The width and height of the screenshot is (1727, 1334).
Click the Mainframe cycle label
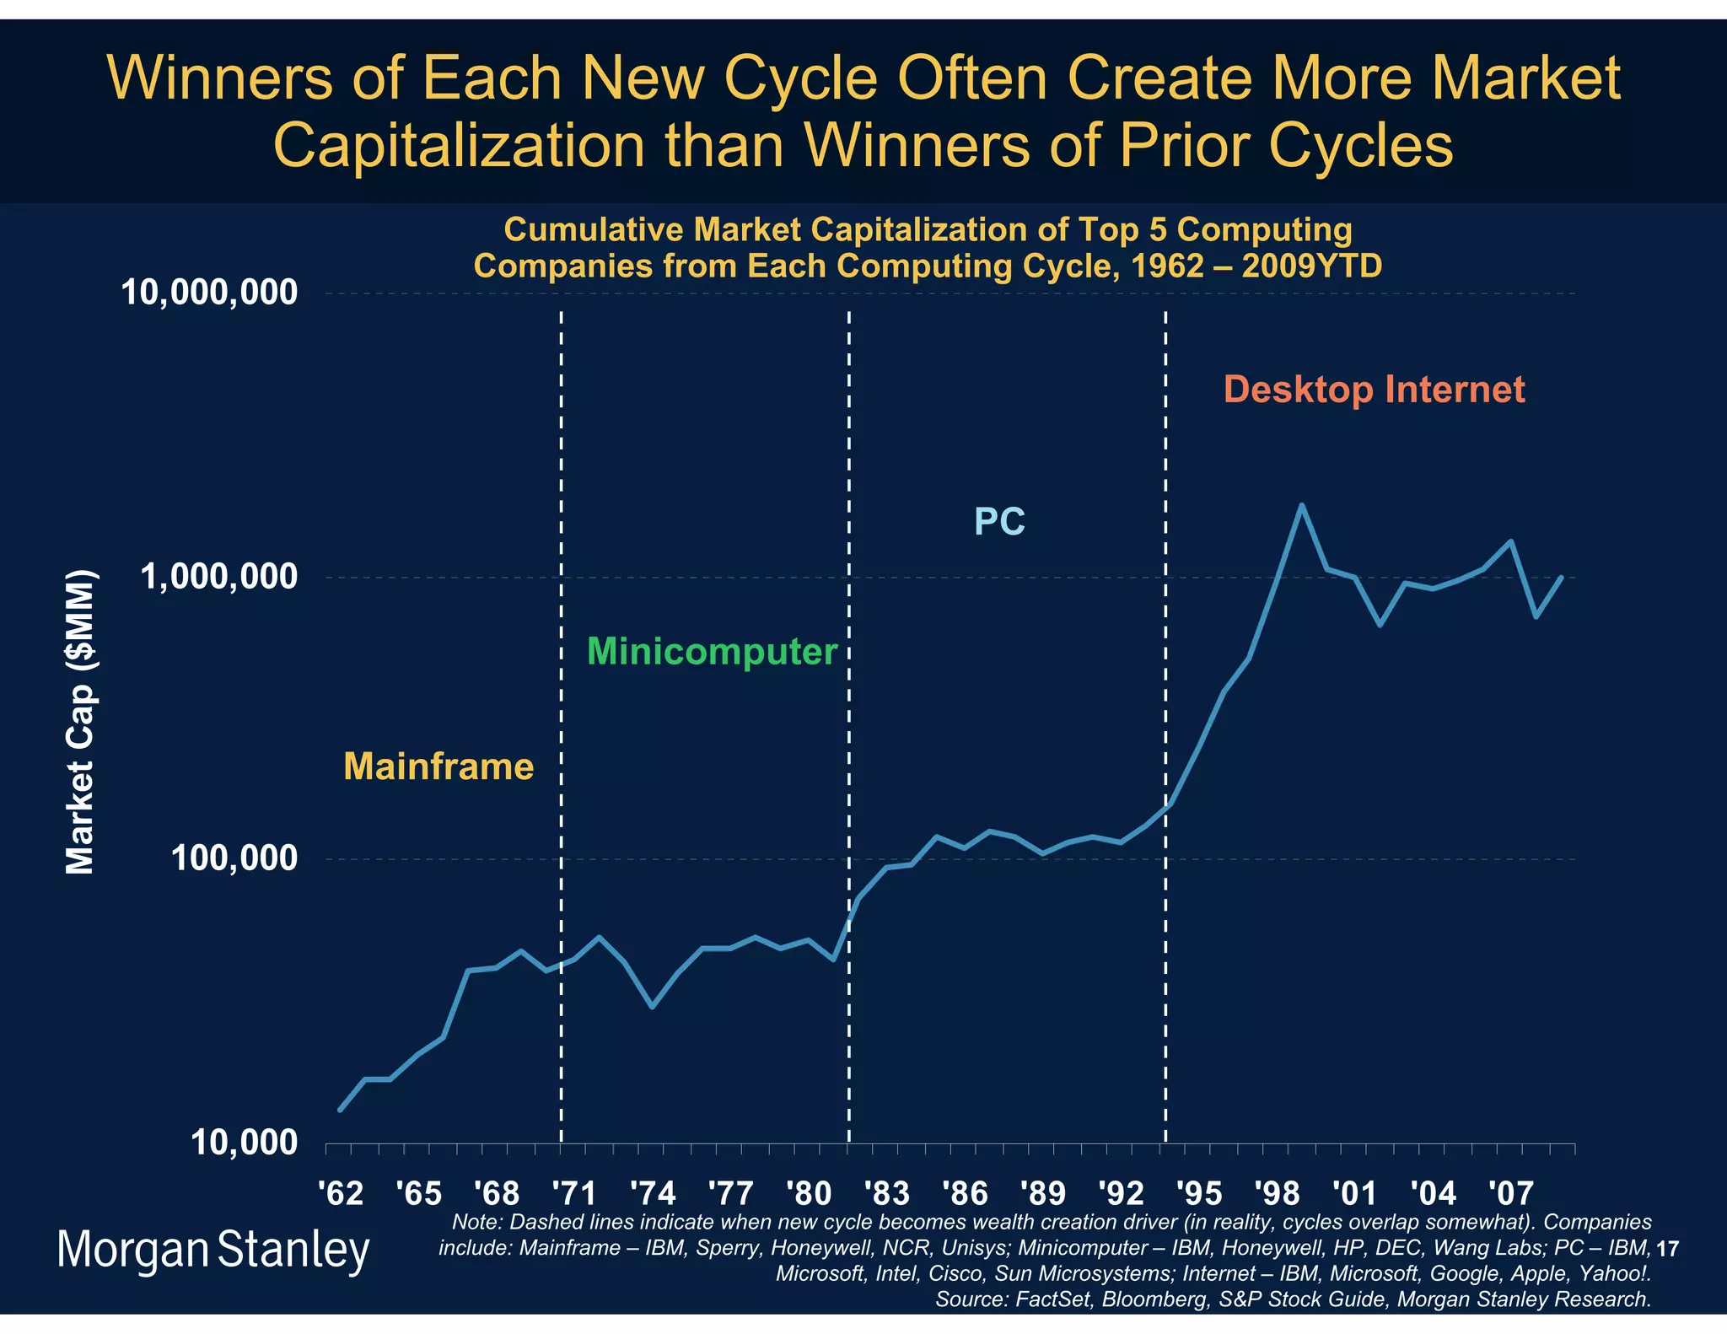438,767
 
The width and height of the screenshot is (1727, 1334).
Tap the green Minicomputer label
712,652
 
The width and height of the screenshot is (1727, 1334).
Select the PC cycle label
999,521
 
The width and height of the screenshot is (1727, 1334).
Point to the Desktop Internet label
1374,390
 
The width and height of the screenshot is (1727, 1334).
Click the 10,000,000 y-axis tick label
210,293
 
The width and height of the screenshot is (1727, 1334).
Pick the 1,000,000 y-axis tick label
220,577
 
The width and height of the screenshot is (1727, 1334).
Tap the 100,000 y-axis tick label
234,859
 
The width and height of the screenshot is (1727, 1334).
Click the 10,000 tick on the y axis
245,1143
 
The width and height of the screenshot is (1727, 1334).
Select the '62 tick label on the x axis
341,1193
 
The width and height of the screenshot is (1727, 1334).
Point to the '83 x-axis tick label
886,1193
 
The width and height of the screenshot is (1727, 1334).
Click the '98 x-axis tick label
1277,1193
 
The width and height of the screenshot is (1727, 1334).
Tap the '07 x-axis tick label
1510,1193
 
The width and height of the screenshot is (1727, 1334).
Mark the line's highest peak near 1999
1301,506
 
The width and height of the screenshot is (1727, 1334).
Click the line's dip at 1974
652,1006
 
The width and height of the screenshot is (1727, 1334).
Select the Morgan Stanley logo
213,1250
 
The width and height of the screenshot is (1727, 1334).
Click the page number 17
1667,1249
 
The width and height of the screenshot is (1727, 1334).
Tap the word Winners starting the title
223,78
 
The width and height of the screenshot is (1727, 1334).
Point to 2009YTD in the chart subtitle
1311,266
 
